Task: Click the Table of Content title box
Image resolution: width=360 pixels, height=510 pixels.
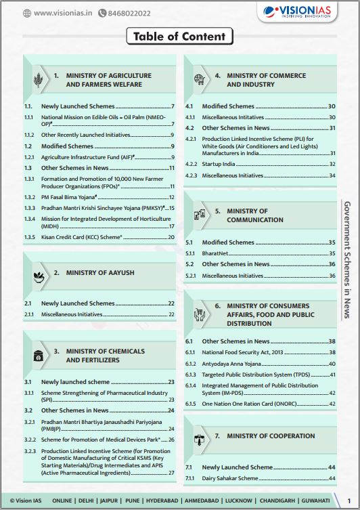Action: click(180, 37)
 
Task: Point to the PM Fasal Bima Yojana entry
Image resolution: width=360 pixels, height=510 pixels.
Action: click(68, 196)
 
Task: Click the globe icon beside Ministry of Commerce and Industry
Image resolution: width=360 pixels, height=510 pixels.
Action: click(199, 79)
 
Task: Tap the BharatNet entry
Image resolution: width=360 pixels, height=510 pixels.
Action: click(216, 253)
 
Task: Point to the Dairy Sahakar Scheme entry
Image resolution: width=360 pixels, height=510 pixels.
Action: click(230, 478)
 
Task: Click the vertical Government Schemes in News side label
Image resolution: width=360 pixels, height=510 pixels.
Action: click(347, 259)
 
